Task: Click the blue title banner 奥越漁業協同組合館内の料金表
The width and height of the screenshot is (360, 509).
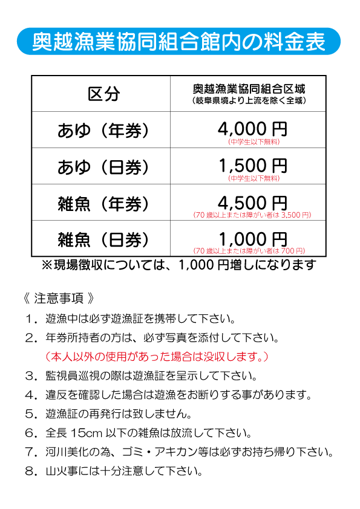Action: (x=178, y=41)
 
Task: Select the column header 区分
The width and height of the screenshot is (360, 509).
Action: (x=103, y=94)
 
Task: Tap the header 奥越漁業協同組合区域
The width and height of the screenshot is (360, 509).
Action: (x=249, y=89)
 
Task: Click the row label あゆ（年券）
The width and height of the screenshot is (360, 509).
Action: (x=103, y=131)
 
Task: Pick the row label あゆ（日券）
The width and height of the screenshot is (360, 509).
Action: (x=103, y=167)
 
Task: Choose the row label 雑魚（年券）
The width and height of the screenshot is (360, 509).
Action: (x=103, y=204)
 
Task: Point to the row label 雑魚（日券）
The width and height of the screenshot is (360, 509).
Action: (x=103, y=240)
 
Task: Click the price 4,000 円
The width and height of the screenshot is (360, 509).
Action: (x=252, y=129)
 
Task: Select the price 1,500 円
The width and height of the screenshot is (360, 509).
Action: (x=252, y=166)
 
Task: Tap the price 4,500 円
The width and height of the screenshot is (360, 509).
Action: (x=252, y=203)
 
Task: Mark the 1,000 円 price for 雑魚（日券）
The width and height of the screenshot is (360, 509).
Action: (x=252, y=239)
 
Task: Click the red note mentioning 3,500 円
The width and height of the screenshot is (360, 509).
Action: (x=252, y=215)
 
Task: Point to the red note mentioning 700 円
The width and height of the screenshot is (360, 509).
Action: (x=249, y=251)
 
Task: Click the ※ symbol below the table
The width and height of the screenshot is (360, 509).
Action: (x=47, y=265)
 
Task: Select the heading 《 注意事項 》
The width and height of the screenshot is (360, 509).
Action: (x=59, y=298)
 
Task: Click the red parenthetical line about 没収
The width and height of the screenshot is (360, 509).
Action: (x=157, y=357)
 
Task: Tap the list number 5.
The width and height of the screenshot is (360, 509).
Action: (x=30, y=414)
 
